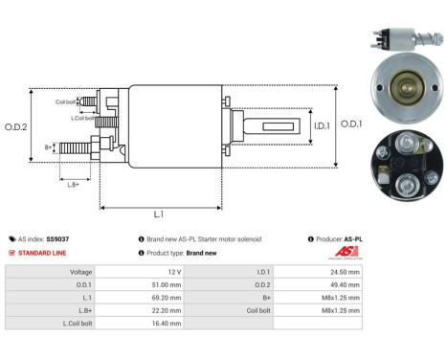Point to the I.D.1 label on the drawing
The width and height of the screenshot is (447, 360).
click(x=295, y=124)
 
